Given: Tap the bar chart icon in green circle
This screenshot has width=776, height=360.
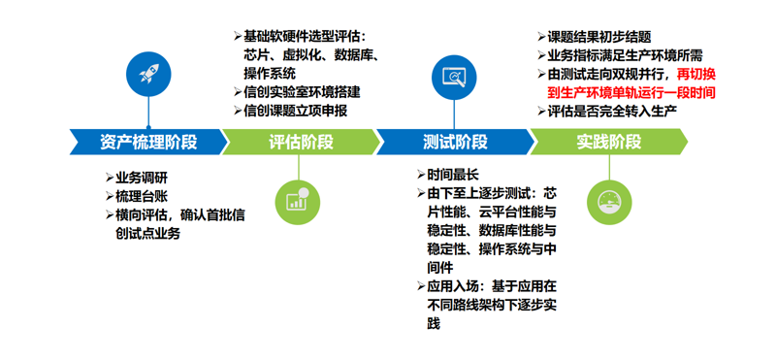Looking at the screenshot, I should pos(296,201).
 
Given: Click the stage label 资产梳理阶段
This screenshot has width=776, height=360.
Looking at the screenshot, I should pos(147,142).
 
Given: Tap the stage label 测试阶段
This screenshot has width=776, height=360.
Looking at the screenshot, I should pos(455,142).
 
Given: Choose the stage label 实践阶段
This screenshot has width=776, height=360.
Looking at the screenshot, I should pos(608,142).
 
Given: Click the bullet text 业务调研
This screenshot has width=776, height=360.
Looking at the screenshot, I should pos(142,178).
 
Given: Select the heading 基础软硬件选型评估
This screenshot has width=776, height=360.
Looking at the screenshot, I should pos(306,37).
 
